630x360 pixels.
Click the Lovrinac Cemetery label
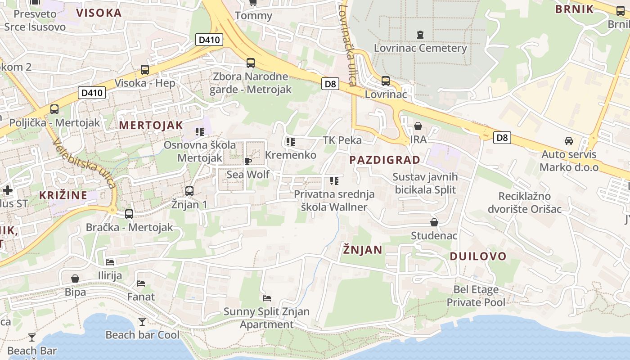(420, 48)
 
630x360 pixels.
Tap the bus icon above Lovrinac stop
(386, 81)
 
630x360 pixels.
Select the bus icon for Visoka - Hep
(145, 70)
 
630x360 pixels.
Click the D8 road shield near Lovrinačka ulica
(330, 83)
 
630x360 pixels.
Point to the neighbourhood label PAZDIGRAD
(385, 160)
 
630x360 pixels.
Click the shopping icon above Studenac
(434, 222)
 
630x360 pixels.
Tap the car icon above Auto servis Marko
(569, 141)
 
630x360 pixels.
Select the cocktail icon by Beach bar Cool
(142, 321)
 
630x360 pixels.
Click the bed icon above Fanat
(141, 283)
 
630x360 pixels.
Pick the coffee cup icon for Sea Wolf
(247, 161)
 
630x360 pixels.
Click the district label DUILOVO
(478, 256)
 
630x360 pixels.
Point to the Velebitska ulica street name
(85, 163)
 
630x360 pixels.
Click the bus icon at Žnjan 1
(189, 191)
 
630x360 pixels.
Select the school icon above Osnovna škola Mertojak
(200, 132)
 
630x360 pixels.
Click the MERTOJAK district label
(151, 126)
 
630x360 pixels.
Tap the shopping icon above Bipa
(75, 279)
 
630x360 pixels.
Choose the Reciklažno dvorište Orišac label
(525, 202)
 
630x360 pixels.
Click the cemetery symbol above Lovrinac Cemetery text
(420, 34)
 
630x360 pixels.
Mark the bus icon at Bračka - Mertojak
(129, 214)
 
